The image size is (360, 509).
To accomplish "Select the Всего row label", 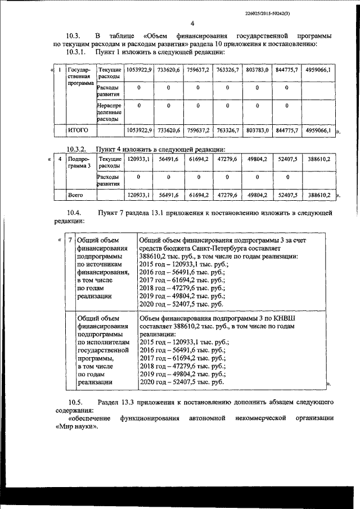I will tap(76, 195).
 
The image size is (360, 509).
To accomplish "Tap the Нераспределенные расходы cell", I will tap(109, 111).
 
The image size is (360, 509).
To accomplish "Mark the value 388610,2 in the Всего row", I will tap(318, 195).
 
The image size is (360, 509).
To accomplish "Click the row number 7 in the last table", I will tap(70, 240).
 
